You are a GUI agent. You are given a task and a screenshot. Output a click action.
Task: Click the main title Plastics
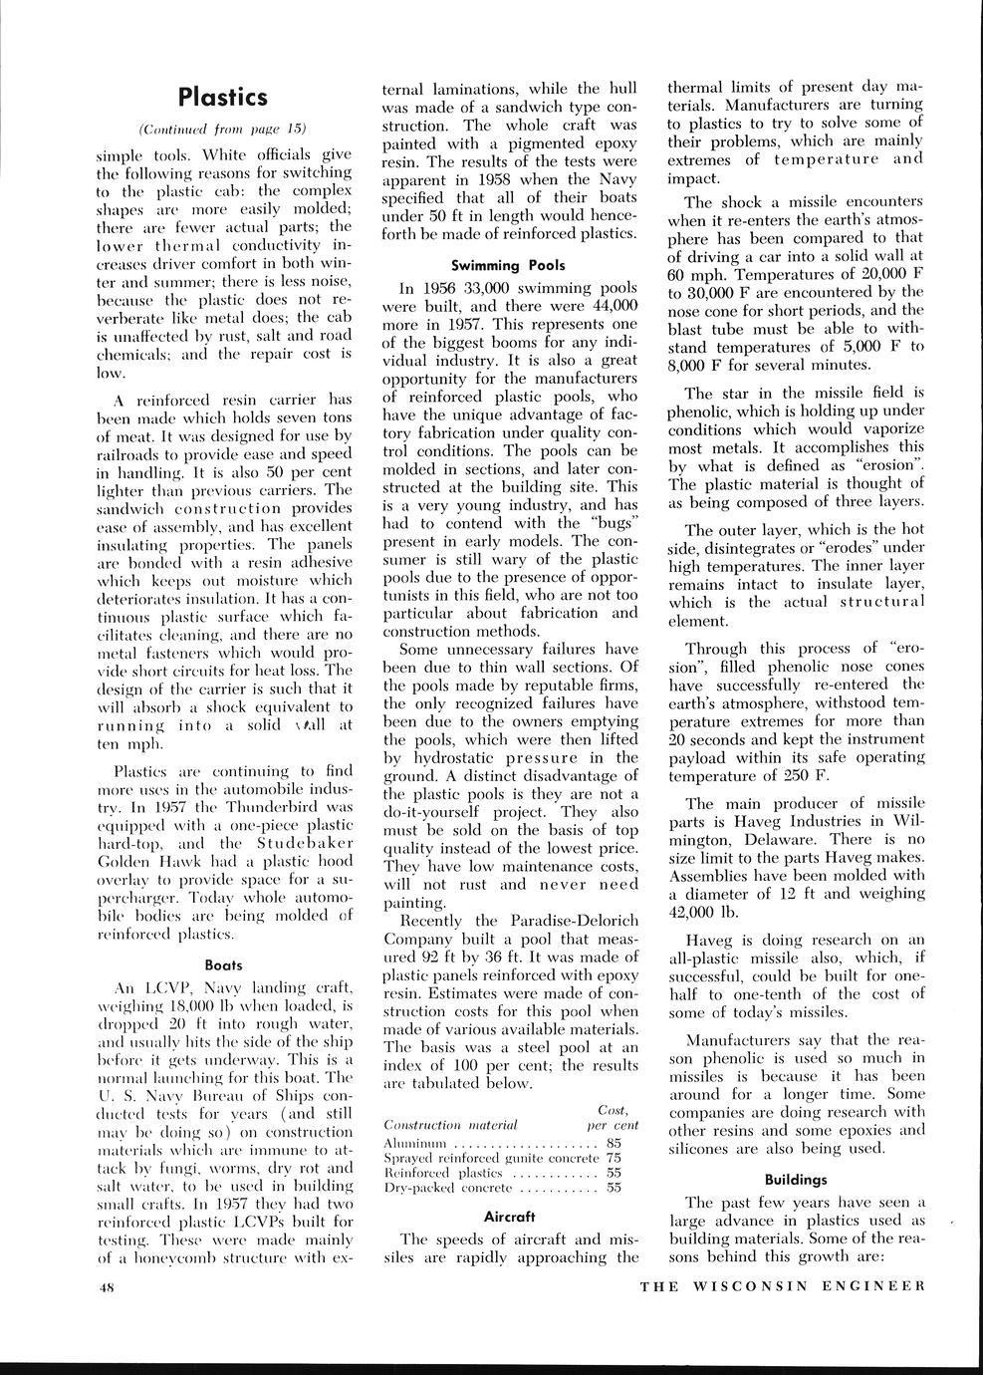(x=223, y=97)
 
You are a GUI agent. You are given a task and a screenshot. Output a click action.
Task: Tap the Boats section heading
(x=224, y=964)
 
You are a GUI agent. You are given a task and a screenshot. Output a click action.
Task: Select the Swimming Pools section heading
(x=507, y=266)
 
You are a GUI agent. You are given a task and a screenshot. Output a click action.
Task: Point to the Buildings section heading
(x=795, y=1179)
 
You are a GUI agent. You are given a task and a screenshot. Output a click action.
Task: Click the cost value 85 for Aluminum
(x=614, y=1143)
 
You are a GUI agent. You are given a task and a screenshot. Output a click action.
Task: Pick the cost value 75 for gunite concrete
(x=614, y=1158)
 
